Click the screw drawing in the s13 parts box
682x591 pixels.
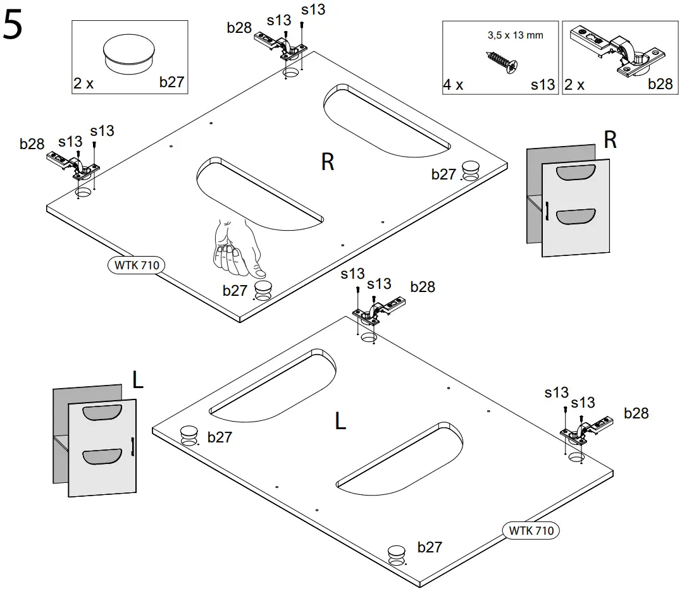click(x=501, y=61)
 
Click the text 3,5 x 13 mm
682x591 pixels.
click(x=515, y=35)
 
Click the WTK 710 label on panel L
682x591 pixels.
click(x=531, y=530)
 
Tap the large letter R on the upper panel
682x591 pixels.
click(x=327, y=162)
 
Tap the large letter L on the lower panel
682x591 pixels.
click(x=340, y=420)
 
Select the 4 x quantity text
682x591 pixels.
click(x=453, y=85)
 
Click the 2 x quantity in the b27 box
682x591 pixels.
click(x=83, y=83)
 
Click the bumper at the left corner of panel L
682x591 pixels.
click(x=189, y=435)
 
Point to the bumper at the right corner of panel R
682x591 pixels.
click(x=470, y=170)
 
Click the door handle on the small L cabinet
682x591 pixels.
click(x=132, y=446)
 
